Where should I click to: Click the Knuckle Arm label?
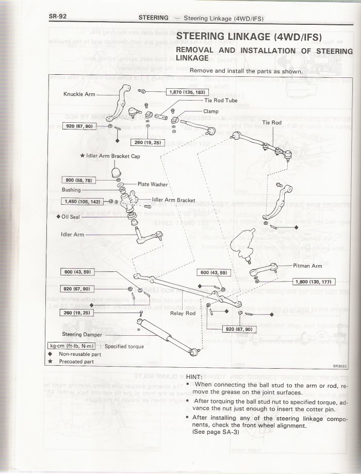(x=79, y=94)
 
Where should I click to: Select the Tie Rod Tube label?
(x=221, y=101)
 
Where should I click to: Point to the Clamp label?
(x=210, y=111)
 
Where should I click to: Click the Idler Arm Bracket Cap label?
(x=110, y=156)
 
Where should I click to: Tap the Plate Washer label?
(x=151, y=184)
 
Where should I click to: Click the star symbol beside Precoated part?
(x=51, y=362)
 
